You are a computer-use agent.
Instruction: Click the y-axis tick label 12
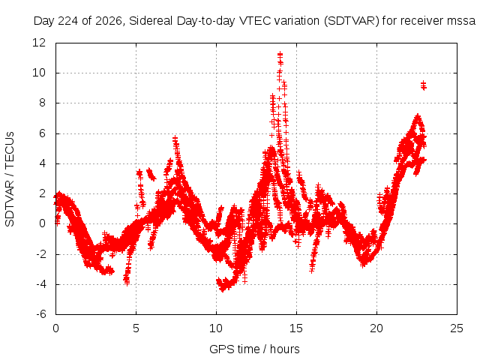coord(39,43)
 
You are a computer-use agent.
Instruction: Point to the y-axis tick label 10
coord(39,73)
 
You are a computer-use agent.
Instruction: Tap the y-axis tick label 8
coord(42,103)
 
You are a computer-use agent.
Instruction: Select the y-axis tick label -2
coord(41,254)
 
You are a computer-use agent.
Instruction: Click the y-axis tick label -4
coord(41,284)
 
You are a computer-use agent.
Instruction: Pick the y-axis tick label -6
coord(41,314)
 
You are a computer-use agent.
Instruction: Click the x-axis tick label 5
coord(136,328)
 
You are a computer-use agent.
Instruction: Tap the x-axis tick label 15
coord(296,328)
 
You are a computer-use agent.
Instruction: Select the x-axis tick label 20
coord(376,328)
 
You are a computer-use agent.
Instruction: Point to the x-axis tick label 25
coord(457,328)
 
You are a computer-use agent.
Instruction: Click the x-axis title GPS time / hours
coord(254,349)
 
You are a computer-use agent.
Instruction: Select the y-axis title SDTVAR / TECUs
coord(10,179)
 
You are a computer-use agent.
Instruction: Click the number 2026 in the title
coord(109,21)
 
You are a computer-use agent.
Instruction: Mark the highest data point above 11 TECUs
coord(280,55)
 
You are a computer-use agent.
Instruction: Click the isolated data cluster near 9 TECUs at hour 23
coord(424,85)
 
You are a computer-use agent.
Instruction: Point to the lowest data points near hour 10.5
coord(223,289)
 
